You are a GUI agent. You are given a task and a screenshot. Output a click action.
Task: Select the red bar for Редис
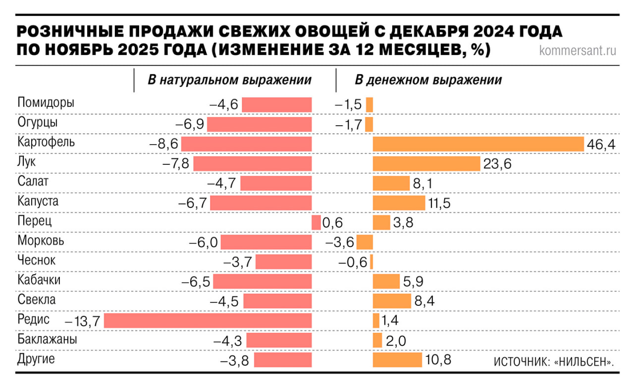[x=208, y=321]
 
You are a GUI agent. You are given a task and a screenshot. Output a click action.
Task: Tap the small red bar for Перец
[x=316, y=223]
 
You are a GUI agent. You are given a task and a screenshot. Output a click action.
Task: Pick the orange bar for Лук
[x=426, y=163]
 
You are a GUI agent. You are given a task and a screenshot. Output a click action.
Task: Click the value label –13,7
[x=83, y=321]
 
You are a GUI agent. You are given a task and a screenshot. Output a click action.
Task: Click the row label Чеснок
[x=37, y=260]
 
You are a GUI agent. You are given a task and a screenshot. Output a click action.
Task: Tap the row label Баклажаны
[x=47, y=339]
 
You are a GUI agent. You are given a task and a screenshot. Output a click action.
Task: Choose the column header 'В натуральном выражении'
[x=230, y=80]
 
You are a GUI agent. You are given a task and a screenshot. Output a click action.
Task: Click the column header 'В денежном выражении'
[x=428, y=80]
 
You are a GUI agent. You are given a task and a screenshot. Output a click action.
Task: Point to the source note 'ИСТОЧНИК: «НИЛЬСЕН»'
[x=554, y=362]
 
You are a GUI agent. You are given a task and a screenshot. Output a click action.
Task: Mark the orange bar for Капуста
[x=399, y=203]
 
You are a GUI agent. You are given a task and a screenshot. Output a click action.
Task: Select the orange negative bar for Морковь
[x=365, y=242]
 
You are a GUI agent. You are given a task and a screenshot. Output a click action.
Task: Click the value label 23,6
[x=497, y=164]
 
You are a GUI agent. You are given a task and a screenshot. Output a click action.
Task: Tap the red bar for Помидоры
[x=276, y=105]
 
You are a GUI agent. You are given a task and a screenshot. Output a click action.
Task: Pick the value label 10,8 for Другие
[x=438, y=360]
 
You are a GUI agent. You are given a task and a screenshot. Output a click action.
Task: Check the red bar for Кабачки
[x=263, y=282]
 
